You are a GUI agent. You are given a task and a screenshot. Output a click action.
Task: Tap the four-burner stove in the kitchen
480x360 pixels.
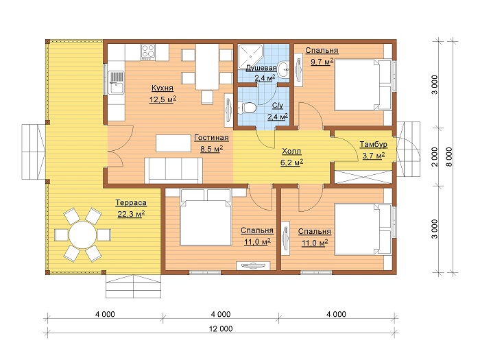pyautogui.click(x=148, y=51)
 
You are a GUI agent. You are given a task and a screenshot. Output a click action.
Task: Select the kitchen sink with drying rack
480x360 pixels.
pyautogui.click(x=117, y=82)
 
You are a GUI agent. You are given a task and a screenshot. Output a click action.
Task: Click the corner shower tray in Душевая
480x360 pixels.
pyautogui.click(x=250, y=58)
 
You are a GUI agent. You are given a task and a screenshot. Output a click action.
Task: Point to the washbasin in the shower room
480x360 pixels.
pyautogui.click(x=283, y=70)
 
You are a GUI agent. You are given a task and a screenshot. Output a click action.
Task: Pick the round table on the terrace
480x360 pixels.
pyautogui.click(x=82, y=235)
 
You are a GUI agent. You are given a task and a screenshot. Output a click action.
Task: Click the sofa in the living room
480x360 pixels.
pyautogui.click(x=173, y=171)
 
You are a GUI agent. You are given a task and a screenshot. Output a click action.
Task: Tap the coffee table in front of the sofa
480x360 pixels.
pyautogui.click(x=173, y=143)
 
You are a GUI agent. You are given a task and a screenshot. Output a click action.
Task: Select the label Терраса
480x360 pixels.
pyautogui.click(x=131, y=203)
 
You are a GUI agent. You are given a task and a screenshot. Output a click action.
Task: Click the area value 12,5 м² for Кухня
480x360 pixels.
pyautogui.click(x=163, y=99)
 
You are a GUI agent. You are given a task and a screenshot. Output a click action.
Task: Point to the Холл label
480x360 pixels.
pyautogui.click(x=291, y=152)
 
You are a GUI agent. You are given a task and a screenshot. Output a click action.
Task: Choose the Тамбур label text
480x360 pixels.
pyautogui.click(x=374, y=144)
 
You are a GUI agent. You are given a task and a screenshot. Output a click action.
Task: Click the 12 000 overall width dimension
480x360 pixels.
pyautogui.click(x=221, y=328)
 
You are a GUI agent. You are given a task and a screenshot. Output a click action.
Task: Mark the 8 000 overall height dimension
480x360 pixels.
pyautogui.click(x=448, y=156)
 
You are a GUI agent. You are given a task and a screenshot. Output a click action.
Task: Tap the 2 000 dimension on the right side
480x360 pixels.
pyautogui.click(x=434, y=157)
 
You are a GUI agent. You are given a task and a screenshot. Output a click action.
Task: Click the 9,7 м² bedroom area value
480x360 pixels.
pyautogui.click(x=322, y=62)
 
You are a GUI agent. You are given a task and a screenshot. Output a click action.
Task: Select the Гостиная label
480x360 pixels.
pyautogui.click(x=211, y=138)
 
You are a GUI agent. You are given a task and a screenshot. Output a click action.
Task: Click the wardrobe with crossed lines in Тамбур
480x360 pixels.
pyautogui.click(x=363, y=177)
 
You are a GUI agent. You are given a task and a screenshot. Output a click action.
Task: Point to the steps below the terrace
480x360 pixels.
pyautogui.click(x=134, y=286)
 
